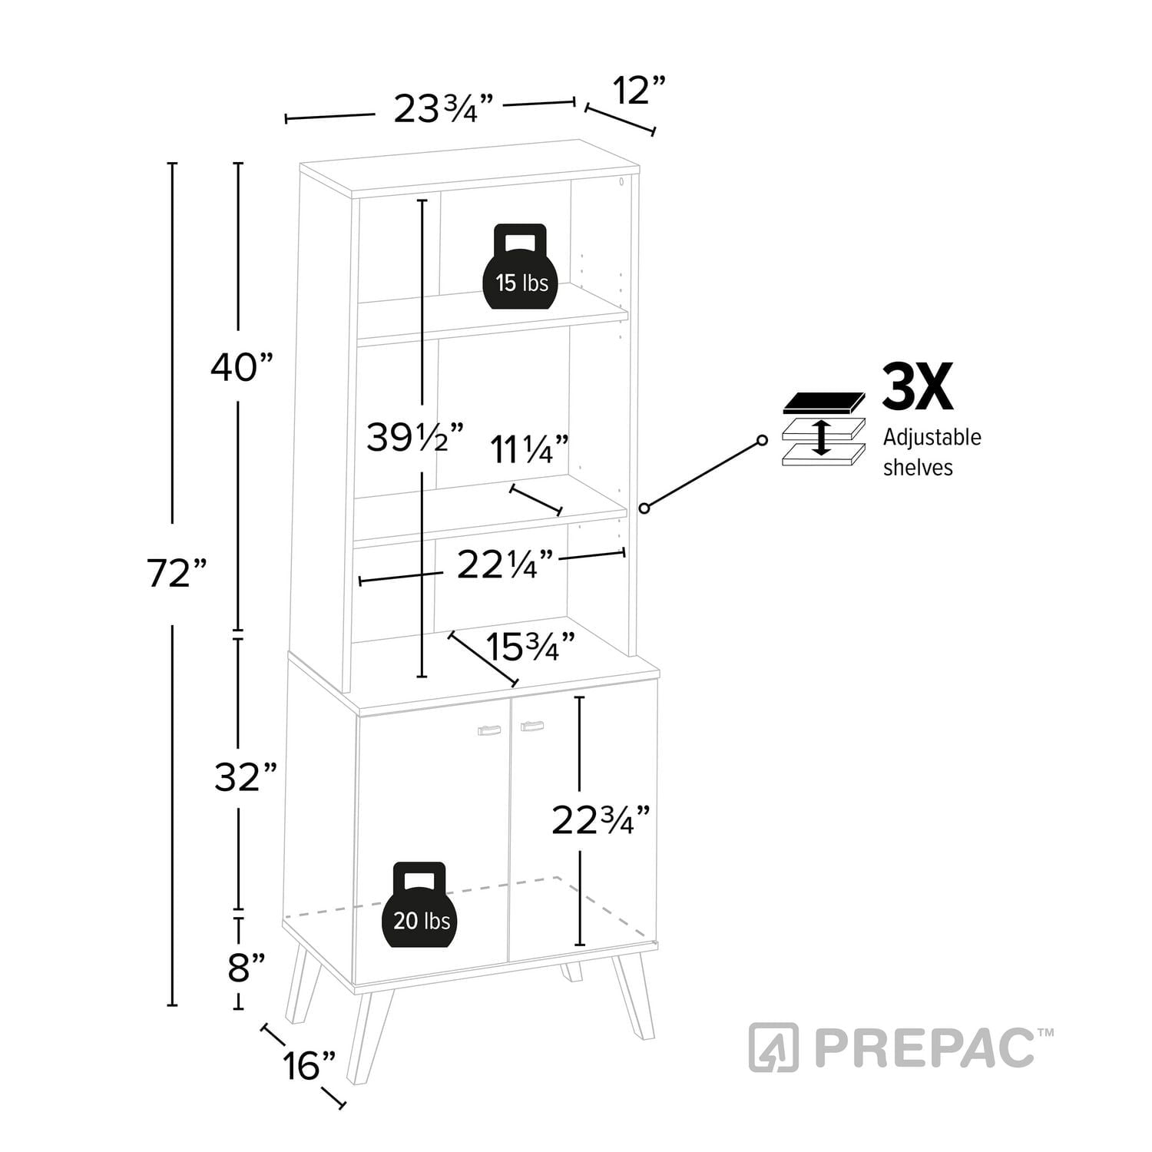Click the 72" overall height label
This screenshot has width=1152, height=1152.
177,573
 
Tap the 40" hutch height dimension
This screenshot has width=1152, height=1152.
243,368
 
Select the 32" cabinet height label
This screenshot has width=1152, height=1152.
245,778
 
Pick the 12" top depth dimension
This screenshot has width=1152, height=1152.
638,91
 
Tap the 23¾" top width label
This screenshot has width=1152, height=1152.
442,108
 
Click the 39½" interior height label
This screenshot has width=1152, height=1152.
415,437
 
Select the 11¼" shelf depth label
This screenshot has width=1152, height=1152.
530,449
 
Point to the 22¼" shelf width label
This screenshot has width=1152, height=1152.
505,566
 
